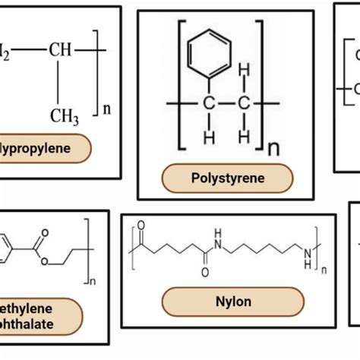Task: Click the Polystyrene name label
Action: [227, 178]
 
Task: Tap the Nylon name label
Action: [228, 302]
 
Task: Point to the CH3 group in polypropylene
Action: [65, 116]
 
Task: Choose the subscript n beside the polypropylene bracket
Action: [107, 109]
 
